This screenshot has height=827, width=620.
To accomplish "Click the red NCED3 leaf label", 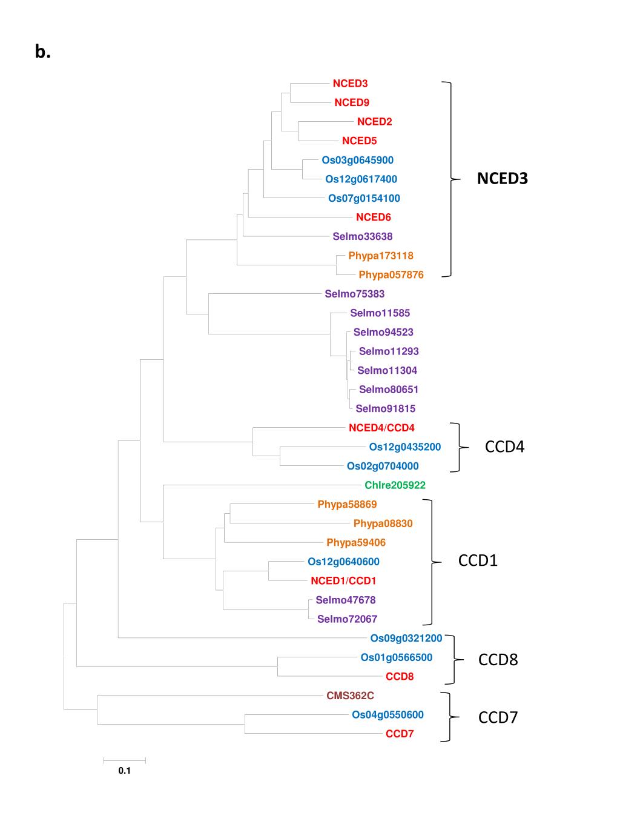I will [x=350, y=84].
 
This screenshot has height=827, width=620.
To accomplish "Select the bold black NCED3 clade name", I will [x=502, y=179].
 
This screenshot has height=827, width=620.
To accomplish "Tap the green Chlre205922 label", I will [x=395, y=485].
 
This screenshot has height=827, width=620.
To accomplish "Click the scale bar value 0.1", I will [x=125, y=771].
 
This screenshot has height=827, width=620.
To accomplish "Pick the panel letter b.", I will [x=42, y=53].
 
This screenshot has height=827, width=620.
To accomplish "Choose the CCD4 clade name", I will [x=504, y=447].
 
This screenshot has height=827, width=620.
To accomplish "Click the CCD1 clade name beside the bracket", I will [x=478, y=560].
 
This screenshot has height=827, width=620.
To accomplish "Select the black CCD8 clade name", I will [x=498, y=660].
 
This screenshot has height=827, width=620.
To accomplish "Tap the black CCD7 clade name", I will [x=498, y=718].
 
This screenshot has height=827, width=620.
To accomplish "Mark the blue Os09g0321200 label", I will [x=406, y=638].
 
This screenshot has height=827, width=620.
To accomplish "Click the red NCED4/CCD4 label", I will [x=381, y=428].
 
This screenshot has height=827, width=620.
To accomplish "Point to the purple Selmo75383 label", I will [x=354, y=294].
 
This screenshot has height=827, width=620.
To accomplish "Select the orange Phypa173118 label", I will [x=381, y=256].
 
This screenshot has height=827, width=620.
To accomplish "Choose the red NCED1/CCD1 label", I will [x=343, y=581].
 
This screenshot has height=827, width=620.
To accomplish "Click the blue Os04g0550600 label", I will [x=387, y=715].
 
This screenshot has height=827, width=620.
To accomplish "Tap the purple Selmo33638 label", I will [x=362, y=236].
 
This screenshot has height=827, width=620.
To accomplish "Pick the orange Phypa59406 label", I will [x=356, y=543].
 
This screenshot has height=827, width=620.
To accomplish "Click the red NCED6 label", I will [x=373, y=218].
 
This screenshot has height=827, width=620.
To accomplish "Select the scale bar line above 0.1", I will [x=125, y=760].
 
